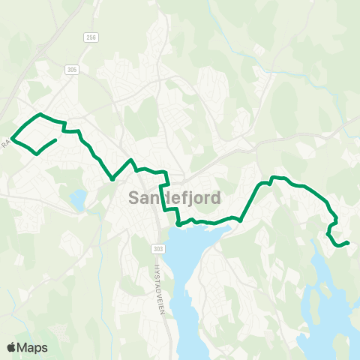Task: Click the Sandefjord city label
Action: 174,199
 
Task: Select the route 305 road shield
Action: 72,70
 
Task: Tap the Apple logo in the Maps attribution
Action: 11,347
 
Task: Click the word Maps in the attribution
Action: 33,347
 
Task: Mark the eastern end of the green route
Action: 348,241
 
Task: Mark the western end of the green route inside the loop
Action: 56,140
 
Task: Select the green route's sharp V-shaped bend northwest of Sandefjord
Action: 112,179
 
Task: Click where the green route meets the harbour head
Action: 178,223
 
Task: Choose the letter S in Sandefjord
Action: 135,199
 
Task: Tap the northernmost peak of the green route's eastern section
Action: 273,177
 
